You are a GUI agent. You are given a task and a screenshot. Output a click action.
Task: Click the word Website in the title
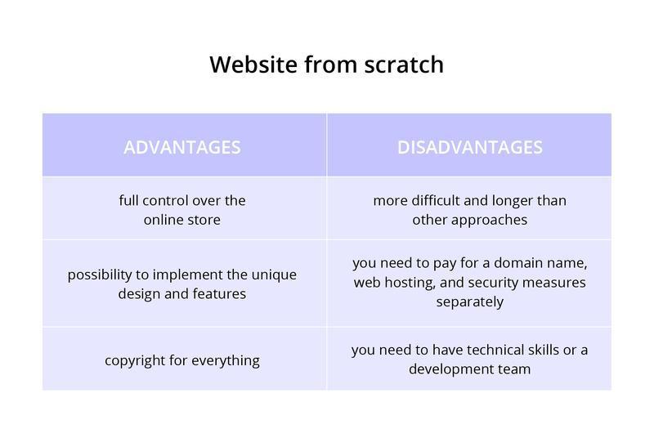pos(253,65)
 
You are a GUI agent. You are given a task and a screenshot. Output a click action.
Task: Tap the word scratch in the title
pos(404,65)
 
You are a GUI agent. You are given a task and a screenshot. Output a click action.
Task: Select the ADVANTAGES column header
pos(182,147)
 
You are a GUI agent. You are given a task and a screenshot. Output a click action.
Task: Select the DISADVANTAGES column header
pos(469,147)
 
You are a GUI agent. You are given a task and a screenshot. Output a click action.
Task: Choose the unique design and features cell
pos(182,283)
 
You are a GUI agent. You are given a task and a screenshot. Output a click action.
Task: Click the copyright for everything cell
pos(182,360)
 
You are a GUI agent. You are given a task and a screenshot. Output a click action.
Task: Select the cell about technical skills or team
pos(469,359)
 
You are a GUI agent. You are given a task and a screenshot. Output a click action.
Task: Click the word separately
pos(469,301)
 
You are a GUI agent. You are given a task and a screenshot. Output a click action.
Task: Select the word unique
pos(274,275)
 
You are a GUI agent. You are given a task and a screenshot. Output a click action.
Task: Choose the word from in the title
pos(331,65)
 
